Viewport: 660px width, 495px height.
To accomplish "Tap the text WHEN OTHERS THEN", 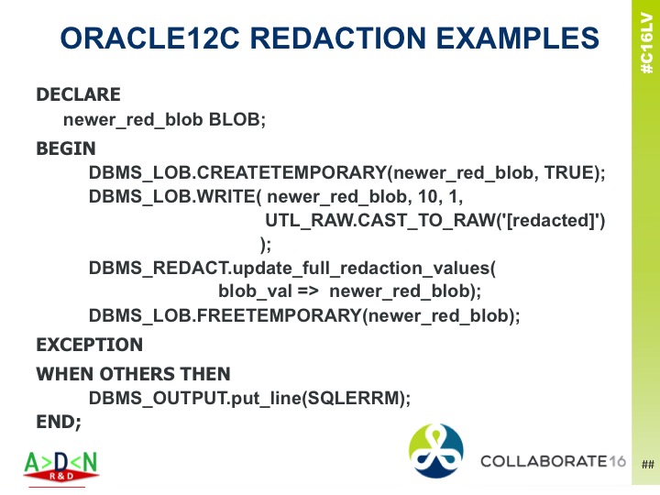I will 133,374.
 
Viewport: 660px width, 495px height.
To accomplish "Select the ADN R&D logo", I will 60,466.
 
